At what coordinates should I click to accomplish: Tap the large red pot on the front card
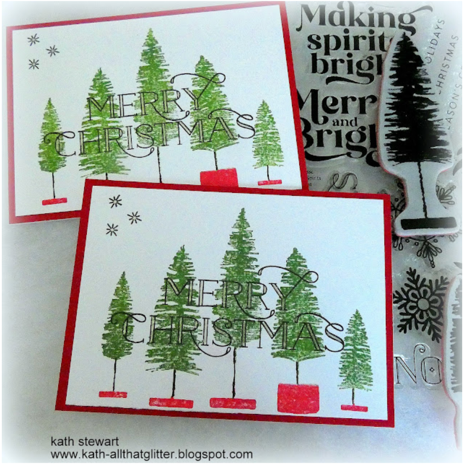pos(298,398)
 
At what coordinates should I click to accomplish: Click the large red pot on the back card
pos(219,177)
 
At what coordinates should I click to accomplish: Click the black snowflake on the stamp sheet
pos(422,304)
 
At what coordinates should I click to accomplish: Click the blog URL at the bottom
pos(151,454)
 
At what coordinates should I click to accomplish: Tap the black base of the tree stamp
pos(428,223)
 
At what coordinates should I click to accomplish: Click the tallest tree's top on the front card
pos(243,213)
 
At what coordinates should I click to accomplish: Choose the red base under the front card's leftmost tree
pos(113,394)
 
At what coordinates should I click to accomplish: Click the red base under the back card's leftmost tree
pos(54,201)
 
